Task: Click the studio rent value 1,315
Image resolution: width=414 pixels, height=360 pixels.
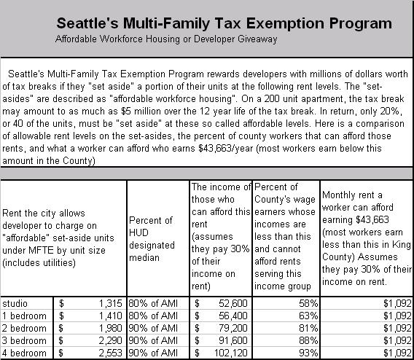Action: pos(110,303)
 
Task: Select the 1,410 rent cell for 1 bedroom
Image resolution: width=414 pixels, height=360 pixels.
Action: pos(110,316)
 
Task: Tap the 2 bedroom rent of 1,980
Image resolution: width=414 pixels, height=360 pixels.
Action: pos(110,329)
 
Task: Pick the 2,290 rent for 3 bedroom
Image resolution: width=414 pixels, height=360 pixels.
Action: pos(110,341)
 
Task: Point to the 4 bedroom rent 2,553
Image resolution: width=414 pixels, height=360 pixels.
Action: pos(110,353)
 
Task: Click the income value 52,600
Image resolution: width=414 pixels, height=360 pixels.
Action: pos(233,303)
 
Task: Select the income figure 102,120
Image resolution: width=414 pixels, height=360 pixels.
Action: pos(231,353)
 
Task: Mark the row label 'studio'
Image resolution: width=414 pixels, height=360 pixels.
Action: pos(15,303)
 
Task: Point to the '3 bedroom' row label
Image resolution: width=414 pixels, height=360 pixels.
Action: pos(24,341)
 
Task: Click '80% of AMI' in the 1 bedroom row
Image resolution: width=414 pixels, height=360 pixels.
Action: pos(153,316)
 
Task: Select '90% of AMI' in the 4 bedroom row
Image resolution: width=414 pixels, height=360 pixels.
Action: pos(153,353)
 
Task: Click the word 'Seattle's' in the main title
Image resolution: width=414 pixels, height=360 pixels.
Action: pos(87,23)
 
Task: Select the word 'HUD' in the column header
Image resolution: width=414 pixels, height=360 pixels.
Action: pos(139,232)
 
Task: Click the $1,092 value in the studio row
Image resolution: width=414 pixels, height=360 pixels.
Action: pos(398,303)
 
